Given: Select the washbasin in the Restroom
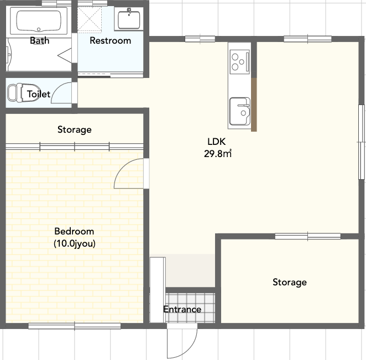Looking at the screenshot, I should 130,19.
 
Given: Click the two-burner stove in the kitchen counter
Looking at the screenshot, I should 239,61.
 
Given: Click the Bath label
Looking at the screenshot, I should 39,40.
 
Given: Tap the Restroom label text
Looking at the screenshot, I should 110,40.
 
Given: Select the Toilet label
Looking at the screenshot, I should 39,95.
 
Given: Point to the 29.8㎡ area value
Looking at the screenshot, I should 217,154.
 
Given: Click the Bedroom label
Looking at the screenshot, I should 74,231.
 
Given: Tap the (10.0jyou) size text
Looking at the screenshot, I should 74,243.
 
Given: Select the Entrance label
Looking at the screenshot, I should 182,309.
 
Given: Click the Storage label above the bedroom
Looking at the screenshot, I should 75,130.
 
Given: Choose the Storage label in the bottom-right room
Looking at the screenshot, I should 289,283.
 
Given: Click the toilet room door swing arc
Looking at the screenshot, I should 65,93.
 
